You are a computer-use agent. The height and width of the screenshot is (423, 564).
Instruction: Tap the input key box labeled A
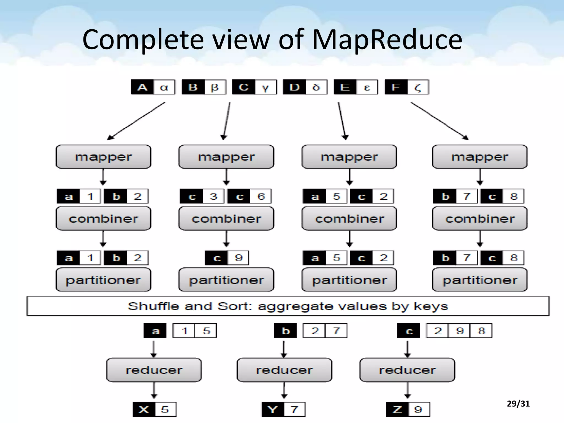pyautogui.click(x=142, y=87)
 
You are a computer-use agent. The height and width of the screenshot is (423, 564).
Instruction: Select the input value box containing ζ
pyautogui.click(x=418, y=87)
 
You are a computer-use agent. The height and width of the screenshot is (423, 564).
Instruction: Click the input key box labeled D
pyautogui.click(x=294, y=87)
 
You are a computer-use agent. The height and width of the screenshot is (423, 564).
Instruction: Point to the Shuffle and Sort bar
pyautogui.click(x=288, y=306)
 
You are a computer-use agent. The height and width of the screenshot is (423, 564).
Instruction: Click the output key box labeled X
pyautogui.click(x=144, y=410)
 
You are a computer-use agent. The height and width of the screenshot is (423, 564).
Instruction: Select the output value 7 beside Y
pyautogui.click(x=294, y=410)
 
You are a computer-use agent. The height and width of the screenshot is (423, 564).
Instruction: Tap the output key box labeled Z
pyautogui.click(x=397, y=410)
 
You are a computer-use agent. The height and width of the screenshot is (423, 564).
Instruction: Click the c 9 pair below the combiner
pyautogui.click(x=227, y=258)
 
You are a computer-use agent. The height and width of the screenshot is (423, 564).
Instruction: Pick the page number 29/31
pyautogui.click(x=518, y=404)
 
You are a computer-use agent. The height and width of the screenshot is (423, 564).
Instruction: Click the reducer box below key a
pyautogui.click(x=154, y=370)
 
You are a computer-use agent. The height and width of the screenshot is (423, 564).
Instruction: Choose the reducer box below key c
pyautogui.click(x=407, y=370)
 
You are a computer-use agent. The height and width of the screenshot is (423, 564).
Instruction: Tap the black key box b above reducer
pyautogui.click(x=285, y=330)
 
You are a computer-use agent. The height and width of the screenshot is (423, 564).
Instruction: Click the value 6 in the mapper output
pyautogui.click(x=261, y=196)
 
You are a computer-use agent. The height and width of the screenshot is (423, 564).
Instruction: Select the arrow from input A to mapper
pyautogui.click(x=136, y=121)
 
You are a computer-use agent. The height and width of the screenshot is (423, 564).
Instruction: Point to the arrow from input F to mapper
pyautogui.click(x=440, y=121)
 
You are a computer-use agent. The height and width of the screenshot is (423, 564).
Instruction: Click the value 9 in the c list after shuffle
pyautogui.click(x=459, y=330)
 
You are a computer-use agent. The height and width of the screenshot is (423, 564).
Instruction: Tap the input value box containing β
pyautogui.click(x=215, y=87)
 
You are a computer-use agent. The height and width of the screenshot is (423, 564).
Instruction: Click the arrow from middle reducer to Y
pyautogui.click(x=284, y=390)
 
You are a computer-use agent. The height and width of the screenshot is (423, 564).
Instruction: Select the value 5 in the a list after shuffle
pyautogui.click(x=206, y=330)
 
